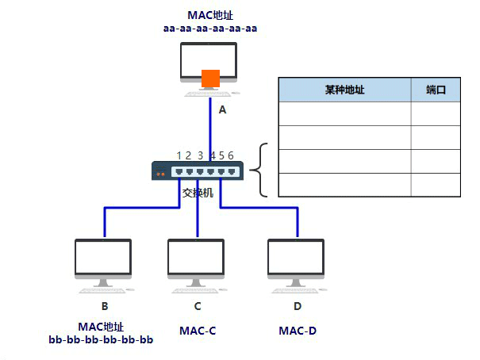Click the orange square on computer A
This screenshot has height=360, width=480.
(210, 79)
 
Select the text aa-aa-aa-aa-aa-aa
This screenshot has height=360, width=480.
(210, 29)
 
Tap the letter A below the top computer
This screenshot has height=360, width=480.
(222, 110)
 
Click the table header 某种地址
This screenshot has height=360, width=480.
(344, 90)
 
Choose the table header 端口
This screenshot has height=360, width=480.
(436, 90)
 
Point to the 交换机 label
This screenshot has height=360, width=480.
(198, 193)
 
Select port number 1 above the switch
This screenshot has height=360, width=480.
(179, 155)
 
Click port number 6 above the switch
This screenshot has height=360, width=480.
(231, 155)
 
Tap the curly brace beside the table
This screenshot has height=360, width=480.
(260, 170)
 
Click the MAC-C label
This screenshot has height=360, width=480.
(198, 330)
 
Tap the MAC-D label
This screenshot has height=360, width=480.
(298, 330)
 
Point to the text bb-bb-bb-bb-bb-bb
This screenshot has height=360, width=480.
(101, 340)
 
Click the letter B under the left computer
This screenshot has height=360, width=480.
(104, 306)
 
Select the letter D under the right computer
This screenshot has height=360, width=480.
(298, 306)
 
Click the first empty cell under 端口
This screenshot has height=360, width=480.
(436, 113)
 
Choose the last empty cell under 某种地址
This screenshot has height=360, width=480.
(344, 185)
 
